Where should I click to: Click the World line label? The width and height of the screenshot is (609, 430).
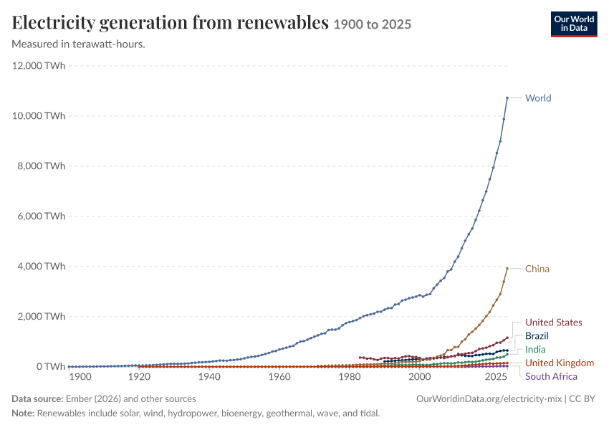coord(538,98)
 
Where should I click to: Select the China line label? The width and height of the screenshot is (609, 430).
coord(537,269)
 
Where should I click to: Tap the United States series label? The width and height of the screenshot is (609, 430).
coord(553,322)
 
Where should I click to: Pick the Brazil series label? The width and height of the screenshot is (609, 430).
coord(537,336)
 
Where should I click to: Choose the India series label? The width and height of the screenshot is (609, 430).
coord(535,350)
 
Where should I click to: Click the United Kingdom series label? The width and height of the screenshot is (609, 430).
coord(560,363)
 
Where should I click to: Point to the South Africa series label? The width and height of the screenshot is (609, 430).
coord(551,376)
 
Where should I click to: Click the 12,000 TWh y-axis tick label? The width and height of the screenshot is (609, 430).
coord(39,66)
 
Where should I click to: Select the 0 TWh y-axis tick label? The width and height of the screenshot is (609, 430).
coord(51,367)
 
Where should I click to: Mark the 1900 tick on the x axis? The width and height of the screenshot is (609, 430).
coord(80,377)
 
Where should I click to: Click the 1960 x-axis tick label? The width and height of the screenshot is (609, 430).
coord(279,377)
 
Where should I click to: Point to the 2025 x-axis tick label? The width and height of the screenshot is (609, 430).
coord(496,377)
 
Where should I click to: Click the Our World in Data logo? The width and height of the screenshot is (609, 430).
coord(574,24)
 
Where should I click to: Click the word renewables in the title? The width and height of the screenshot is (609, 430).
coord(283,22)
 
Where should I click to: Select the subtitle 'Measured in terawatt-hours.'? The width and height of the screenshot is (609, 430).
coord(79,44)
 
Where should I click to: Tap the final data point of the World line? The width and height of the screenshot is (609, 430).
coord(507,98)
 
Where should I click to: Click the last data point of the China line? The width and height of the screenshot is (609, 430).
coord(507,269)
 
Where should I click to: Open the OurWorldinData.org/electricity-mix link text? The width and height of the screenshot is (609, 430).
coord(489,399)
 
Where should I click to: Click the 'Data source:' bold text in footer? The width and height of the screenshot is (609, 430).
coord(37,399)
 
